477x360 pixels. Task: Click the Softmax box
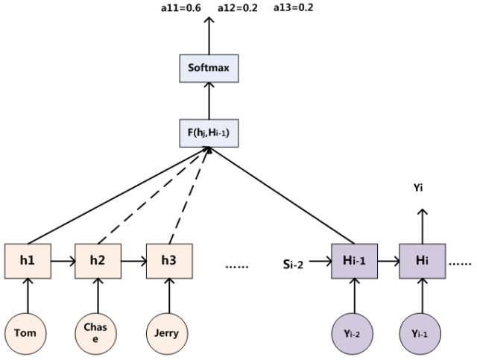pyautogui.click(x=209, y=69)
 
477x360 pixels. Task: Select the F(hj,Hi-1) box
pyautogui.click(x=209, y=133)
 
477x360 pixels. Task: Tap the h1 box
pyautogui.click(x=28, y=261)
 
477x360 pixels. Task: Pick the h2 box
pyautogui.click(x=98, y=261)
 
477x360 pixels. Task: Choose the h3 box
pyautogui.click(x=169, y=261)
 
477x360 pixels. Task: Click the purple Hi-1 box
pyautogui.click(x=355, y=261)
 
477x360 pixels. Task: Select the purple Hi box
pyautogui.click(x=423, y=261)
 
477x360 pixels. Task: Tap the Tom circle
pyautogui.click(x=25, y=334)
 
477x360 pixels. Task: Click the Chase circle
pyautogui.click(x=96, y=334)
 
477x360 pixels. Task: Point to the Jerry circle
pyautogui.click(x=167, y=334)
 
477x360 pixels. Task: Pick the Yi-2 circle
pyautogui.click(x=353, y=334)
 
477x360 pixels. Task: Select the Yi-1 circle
pyautogui.click(x=420, y=334)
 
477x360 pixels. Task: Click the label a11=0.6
pyautogui.click(x=181, y=8)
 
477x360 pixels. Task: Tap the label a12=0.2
pyautogui.click(x=238, y=8)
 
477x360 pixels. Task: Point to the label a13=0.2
pyautogui.click(x=293, y=7)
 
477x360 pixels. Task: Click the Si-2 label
pyautogui.click(x=293, y=265)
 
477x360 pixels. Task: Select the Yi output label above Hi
pyautogui.click(x=418, y=188)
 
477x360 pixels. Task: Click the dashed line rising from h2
pyautogui.click(x=153, y=196)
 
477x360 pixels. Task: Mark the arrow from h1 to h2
pyautogui.click(x=63, y=261)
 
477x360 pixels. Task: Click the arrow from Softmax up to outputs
pyautogui.click(x=209, y=36)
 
